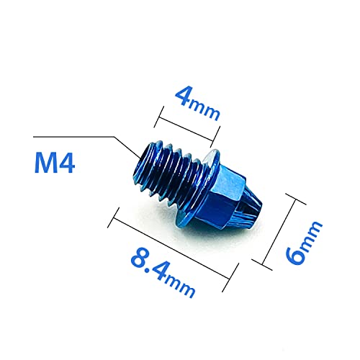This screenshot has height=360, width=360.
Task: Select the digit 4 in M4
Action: tap(68, 165)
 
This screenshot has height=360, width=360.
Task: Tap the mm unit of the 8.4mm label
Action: tap(184, 287)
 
